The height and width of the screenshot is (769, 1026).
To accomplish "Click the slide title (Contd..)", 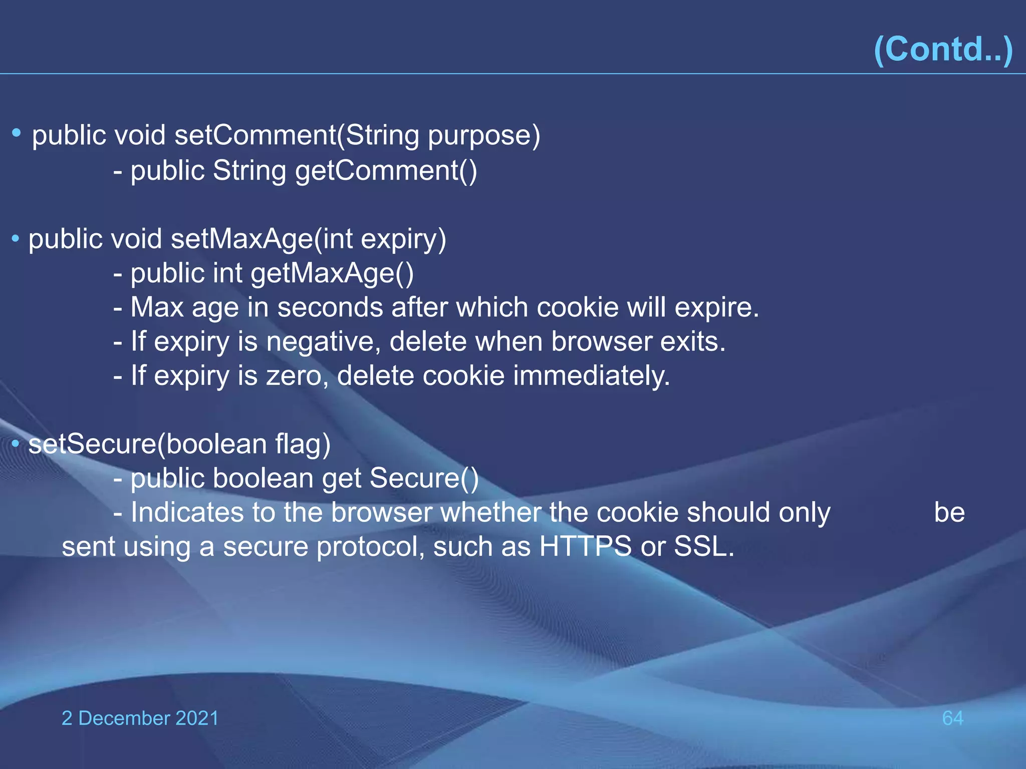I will pos(943,49).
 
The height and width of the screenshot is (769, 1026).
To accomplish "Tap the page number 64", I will pos(952,718).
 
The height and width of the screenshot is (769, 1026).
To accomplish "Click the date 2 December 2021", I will pos(140,718).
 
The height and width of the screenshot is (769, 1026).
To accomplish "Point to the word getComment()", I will pos(386,171).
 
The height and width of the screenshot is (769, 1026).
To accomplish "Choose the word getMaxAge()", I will pos(332,274).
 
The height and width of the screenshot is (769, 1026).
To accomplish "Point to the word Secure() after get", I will pos(424,479).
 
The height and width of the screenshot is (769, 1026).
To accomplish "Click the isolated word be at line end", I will pos(949,513).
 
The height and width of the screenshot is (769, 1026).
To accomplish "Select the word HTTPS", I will pos(585,547).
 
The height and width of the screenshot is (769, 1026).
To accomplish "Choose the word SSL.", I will pos(703,547).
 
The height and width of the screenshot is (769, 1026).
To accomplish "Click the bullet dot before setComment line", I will pos(17,133).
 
